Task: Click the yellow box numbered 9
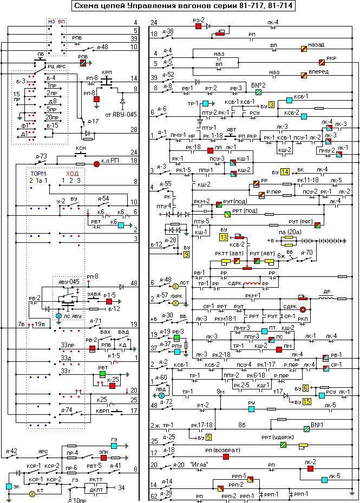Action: pyautogui.click(x=186, y=254)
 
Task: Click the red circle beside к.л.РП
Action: pyautogui.click(x=97, y=163)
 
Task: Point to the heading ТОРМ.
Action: pyautogui.click(x=39, y=174)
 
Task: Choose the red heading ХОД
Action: pyautogui.click(x=73, y=174)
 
